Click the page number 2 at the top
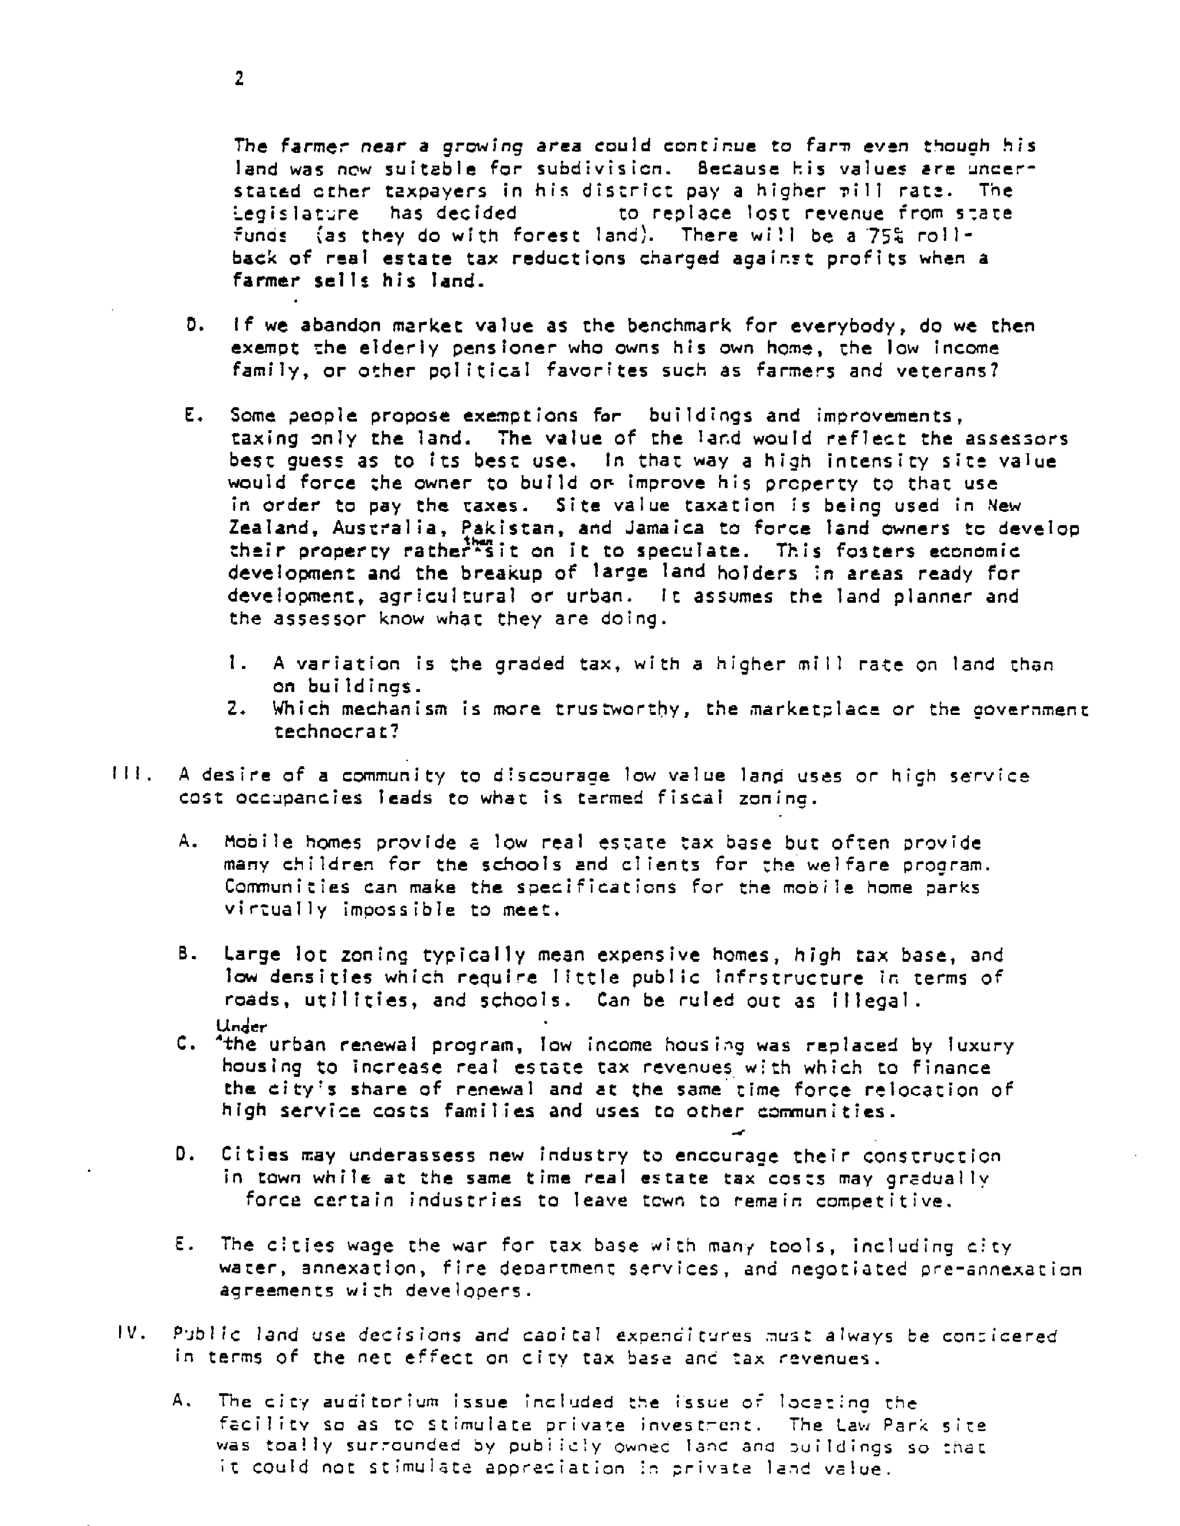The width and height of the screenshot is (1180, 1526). pos(239,79)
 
